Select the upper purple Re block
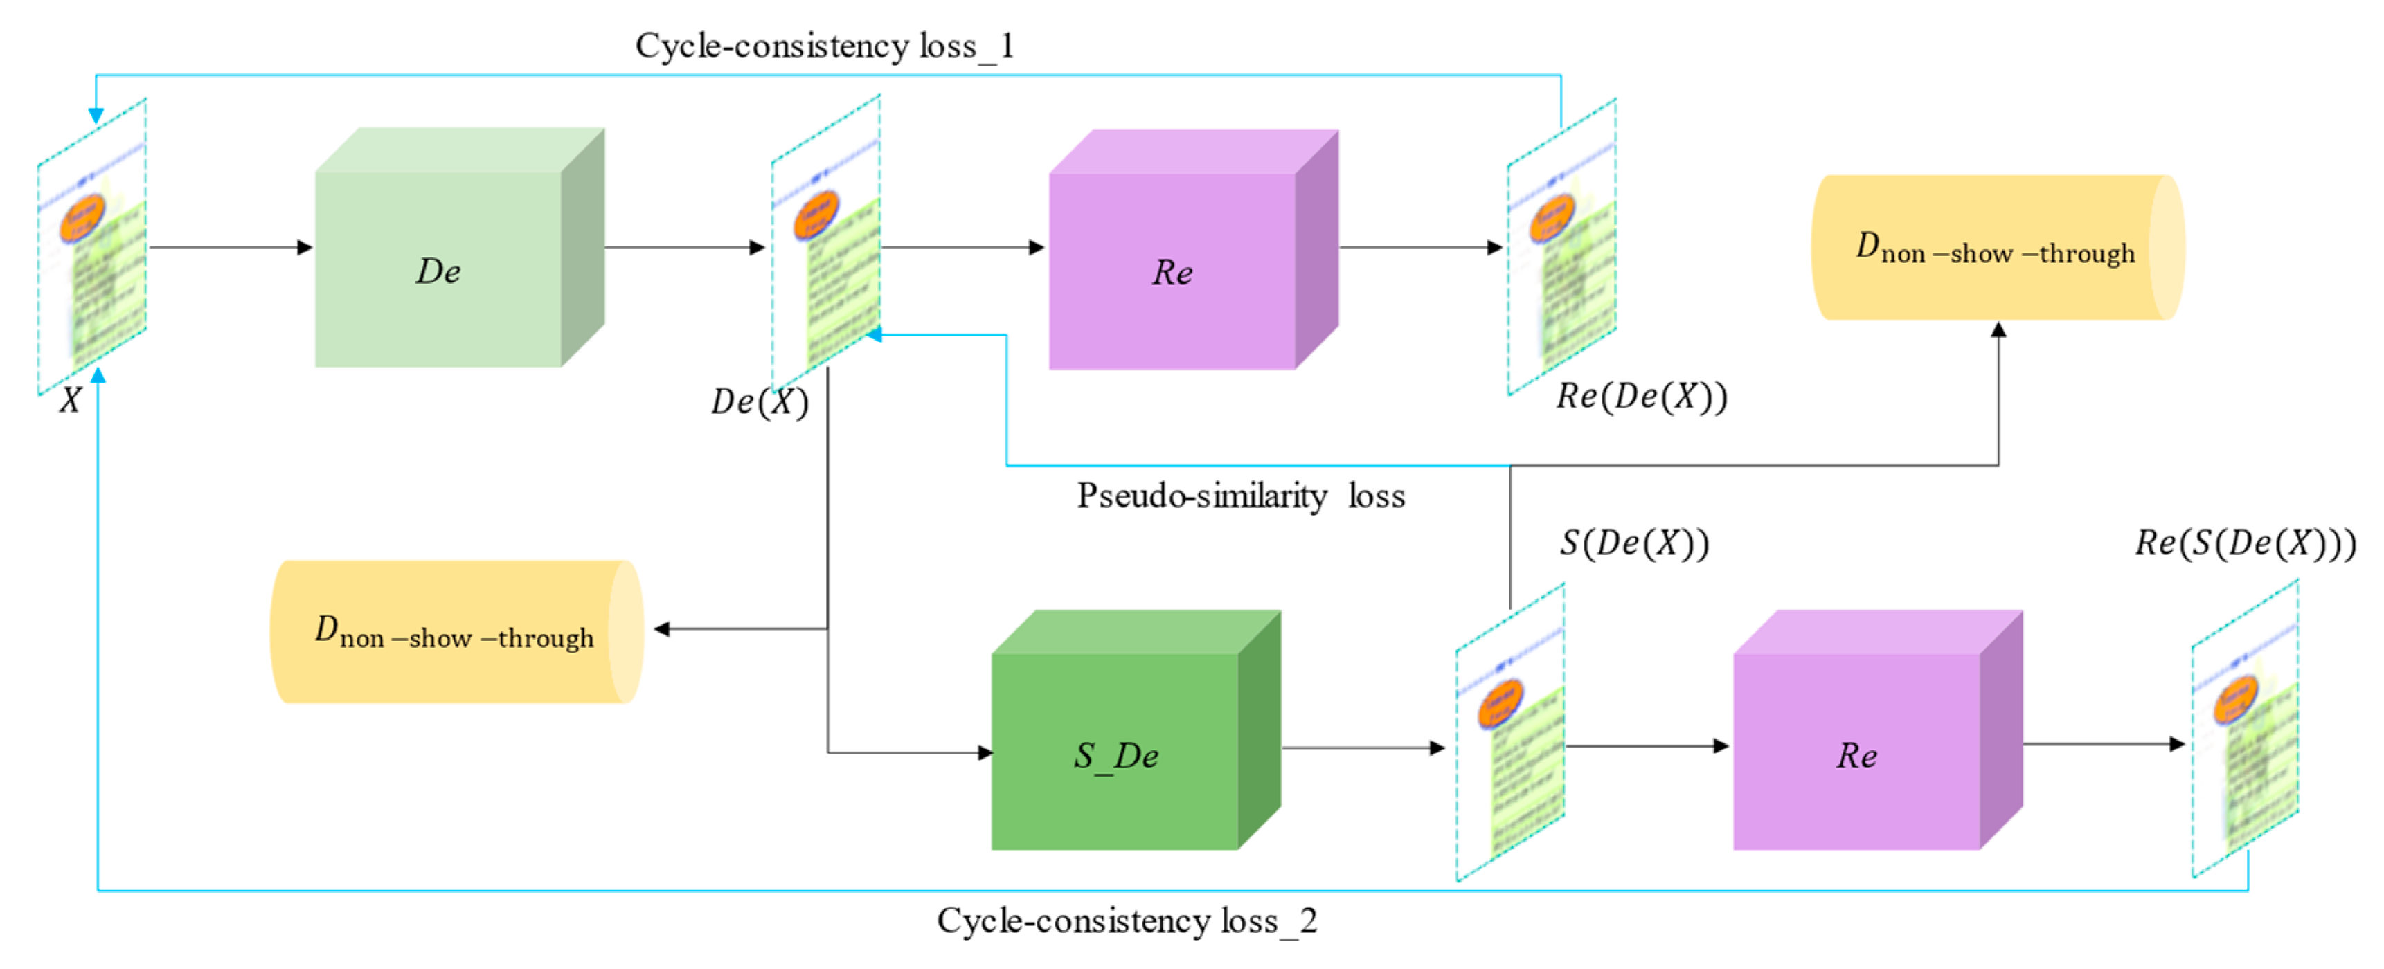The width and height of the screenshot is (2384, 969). click(x=1172, y=270)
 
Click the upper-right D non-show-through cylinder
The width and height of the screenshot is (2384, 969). click(x=1996, y=248)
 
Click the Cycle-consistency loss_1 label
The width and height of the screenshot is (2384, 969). click(x=824, y=46)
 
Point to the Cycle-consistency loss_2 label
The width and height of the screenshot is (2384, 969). click(x=1127, y=920)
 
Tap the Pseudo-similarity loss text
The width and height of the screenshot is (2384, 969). click(x=1240, y=496)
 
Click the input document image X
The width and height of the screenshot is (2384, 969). click(x=91, y=248)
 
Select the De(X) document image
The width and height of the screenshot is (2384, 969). click(x=825, y=242)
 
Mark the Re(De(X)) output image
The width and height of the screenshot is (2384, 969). click(x=1561, y=248)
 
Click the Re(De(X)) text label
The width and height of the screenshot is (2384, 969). click(x=1641, y=396)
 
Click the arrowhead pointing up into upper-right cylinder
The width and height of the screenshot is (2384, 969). click(x=1998, y=329)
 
